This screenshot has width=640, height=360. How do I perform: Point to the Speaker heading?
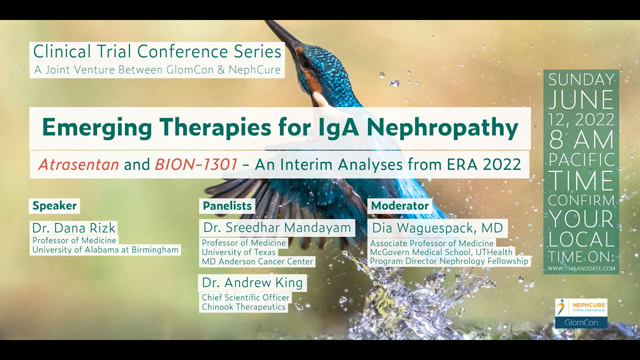pyautogui.click(x=54, y=206)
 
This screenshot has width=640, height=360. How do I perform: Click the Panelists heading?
pyautogui.click(x=227, y=206)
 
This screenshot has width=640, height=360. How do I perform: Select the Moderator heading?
pyautogui.click(x=400, y=206)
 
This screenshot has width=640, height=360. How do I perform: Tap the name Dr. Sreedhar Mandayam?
pyautogui.click(x=277, y=228)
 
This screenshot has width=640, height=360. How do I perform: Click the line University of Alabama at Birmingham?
pyautogui.click(x=105, y=250)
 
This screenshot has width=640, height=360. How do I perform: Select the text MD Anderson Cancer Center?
pyautogui.click(x=258, y=262)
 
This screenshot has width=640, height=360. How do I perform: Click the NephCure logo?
pyautogui.click(x=580, y=307)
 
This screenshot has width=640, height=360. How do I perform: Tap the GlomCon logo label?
pyautogui.click(x=581, y=325)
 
